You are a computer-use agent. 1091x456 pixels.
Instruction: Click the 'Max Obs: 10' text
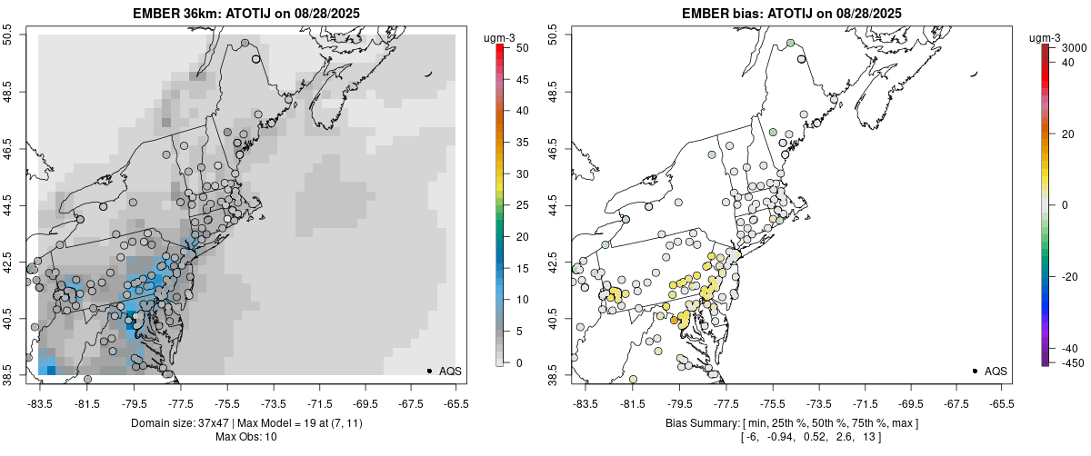pos(245,437)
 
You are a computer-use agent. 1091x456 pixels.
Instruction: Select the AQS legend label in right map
pos(996,371)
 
